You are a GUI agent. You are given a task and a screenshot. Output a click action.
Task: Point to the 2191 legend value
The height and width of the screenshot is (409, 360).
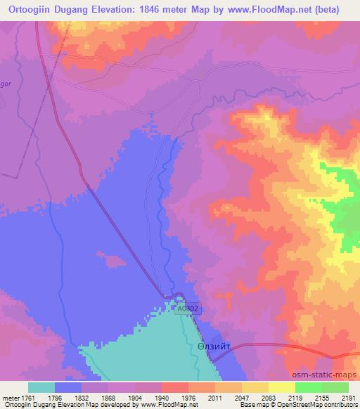pos(348,397)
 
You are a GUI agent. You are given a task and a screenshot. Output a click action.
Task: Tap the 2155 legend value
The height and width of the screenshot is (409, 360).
pos(322,397)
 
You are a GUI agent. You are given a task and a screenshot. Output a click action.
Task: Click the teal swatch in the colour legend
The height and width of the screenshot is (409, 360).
pos(41,387)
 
